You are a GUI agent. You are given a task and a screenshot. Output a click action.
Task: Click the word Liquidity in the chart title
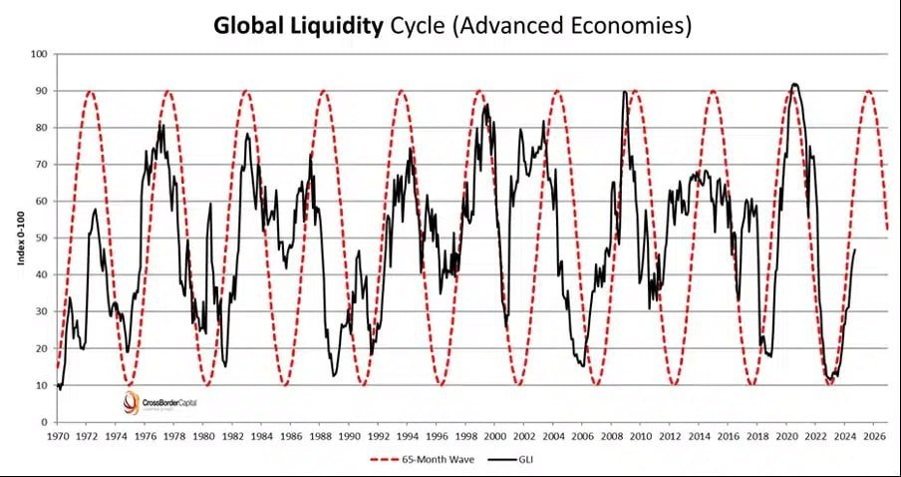[x=333, y=25]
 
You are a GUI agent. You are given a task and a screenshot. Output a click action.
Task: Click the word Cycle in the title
[x=417, y=25]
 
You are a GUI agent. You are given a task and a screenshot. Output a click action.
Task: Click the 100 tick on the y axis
[x=40, y=54]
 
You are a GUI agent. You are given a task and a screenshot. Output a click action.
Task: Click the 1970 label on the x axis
[x=57, y=436]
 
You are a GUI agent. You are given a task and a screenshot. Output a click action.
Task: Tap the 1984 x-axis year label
[x=261, y=436]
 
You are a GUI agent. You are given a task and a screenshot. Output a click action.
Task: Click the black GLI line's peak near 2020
[x=793, y=84]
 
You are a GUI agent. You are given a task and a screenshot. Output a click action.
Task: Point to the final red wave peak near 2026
[x=869, y=91]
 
